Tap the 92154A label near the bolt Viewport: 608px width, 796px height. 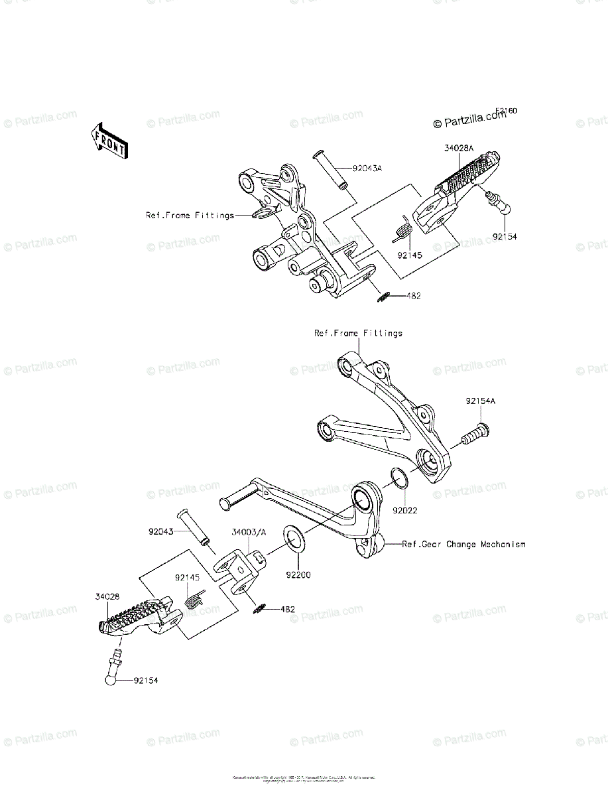pos(481,401)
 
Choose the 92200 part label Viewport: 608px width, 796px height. pos(298,574)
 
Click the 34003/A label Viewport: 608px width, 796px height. pos(249,532)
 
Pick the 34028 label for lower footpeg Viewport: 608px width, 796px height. pos(107,597)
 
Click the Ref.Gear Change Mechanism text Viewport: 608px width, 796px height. pos(464,545)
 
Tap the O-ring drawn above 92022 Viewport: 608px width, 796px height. pos(398,478)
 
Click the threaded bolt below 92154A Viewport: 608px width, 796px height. pos(473,436)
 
